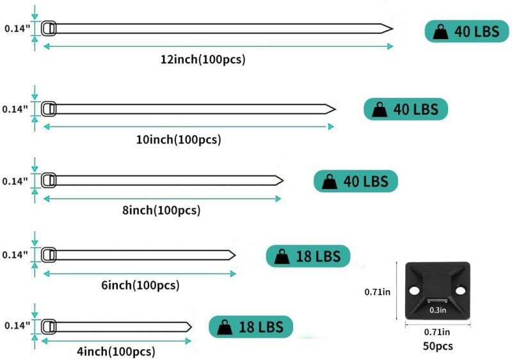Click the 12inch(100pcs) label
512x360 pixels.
click(x=203, y=60)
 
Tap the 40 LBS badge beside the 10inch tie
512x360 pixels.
click(x=406, y=109)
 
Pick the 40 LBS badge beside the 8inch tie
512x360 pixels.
click(x=356, y=181)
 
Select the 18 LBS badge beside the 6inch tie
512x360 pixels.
click(x=308, y=257)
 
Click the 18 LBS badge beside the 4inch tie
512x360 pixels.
click(x=251, y=327)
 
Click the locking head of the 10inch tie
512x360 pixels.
click(x=49, y=109)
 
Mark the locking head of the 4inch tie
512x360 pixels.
click(x=49, y=327)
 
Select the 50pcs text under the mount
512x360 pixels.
click(x=437, y=346)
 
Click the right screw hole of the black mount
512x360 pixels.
click(x=461, y=293)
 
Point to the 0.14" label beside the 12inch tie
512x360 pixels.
click(x=17, y=28)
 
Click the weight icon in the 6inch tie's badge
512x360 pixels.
click(x=282, y=258)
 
